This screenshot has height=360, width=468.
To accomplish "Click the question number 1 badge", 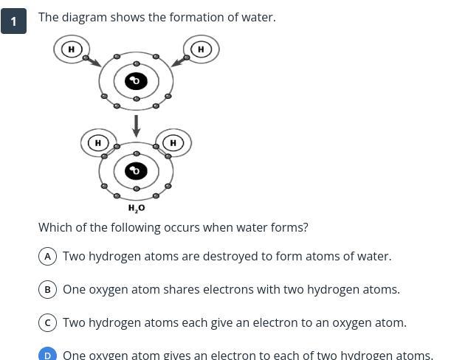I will (x=13, y=21).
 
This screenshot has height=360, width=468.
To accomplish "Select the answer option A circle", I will (x=47, y=256).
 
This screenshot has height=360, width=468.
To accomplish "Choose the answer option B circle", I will (x=47, y=289).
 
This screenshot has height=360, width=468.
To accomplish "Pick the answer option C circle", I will (x=47, y=322).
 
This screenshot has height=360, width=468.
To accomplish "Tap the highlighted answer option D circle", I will (x=47, y=355).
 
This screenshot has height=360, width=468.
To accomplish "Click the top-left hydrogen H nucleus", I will (x=71, y=49).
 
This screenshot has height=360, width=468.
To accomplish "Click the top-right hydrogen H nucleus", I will (x=201, y=49).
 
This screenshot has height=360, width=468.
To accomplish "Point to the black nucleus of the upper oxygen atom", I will (x=136, y=80).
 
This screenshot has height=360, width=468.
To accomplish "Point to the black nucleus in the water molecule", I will (x=136, y=171).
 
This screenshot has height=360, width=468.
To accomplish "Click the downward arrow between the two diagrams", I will (x=136, y=125).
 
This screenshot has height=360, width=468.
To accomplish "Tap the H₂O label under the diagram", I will (x=137, y=208).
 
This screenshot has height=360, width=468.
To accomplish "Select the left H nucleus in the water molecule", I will (x=98, y=142).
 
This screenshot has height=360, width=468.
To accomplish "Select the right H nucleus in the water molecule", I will (x=173, y=142).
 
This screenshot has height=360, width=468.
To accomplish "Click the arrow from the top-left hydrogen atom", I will (x=94, y=62).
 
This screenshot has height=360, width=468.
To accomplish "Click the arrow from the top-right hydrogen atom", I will (x=178, y=61).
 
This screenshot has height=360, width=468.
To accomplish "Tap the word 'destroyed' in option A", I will (x=231, y=256).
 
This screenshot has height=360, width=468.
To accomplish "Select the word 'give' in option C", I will (x=209, y=322).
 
